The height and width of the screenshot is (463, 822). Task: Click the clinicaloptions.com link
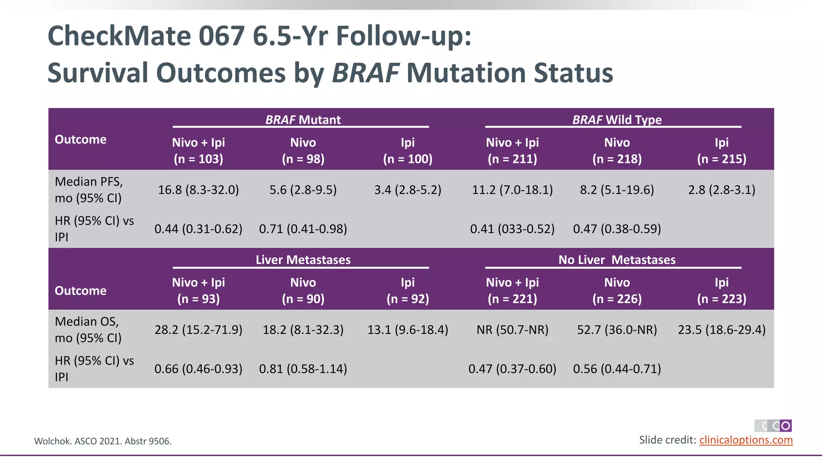click(x=746, y=440)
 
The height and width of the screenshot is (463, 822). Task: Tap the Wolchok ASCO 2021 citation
click(x=103, y=441)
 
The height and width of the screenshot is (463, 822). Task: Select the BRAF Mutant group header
click(x=303, y=120)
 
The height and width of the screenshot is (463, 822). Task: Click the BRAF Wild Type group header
click(x=616, y=120)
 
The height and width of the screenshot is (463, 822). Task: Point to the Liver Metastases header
click(x=303, y=260)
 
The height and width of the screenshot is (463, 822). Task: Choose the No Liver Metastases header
click(x=616, y=260)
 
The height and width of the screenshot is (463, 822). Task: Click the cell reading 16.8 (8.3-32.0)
click(x=198, y=190)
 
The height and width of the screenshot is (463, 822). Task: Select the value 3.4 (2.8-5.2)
click(x=407, y=190)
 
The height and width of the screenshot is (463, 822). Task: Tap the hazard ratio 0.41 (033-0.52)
click(x=512, y=229)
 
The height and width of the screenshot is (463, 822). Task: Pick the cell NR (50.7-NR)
click(x=512, y=330)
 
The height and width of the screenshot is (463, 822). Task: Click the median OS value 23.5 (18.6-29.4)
click(x=722, y=330)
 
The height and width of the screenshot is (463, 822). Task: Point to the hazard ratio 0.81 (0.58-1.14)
click(x=303, y=369)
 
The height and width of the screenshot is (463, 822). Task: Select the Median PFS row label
click(x=89, y=190)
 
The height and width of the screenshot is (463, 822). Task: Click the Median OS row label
click(x=88, y=330)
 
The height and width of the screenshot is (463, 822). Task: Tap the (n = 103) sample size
click(x=198, y=159)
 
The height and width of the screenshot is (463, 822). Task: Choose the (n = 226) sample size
click(x=617, y=299)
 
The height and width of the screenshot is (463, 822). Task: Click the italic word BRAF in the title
click(x=365, y=73)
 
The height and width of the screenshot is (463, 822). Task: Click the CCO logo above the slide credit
click(x=773, y=426)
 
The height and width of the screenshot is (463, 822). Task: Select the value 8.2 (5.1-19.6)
click(x=617, y=190)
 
